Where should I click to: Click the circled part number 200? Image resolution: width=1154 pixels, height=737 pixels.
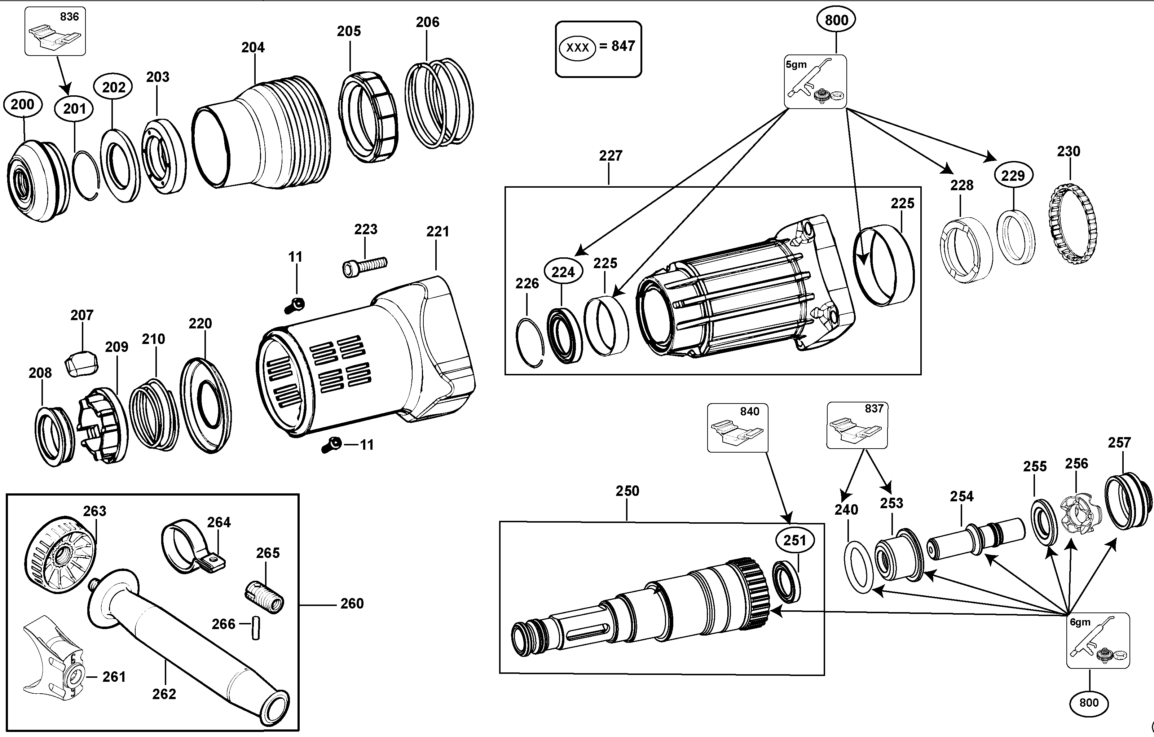click(x=22, y=105)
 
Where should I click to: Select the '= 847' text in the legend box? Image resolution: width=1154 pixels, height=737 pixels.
click(x=617, y=46)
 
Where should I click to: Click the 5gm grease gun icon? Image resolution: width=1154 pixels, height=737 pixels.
click(x=815, y=82)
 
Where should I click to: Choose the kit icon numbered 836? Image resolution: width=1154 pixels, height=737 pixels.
click(x=55, y=31)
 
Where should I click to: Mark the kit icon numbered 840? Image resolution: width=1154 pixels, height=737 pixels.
click(x=737, y=428)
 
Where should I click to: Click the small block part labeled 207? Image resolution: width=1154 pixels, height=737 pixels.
click(x=82, y=363)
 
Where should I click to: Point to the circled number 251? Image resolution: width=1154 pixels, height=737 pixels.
click(x=794, y=540)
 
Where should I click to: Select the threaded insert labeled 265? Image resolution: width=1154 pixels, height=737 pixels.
click(x=264, y=596)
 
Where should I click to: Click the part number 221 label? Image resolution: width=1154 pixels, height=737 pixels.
click(x=437, y=232)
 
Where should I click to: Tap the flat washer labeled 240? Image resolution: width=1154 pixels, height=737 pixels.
click(x=861, y=567)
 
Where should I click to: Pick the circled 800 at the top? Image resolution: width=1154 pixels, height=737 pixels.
click(x=836, y=20)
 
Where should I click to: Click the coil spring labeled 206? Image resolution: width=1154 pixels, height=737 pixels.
click(x=439, y=103)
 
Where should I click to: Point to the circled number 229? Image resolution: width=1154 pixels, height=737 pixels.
click(x=1013, y=175)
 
